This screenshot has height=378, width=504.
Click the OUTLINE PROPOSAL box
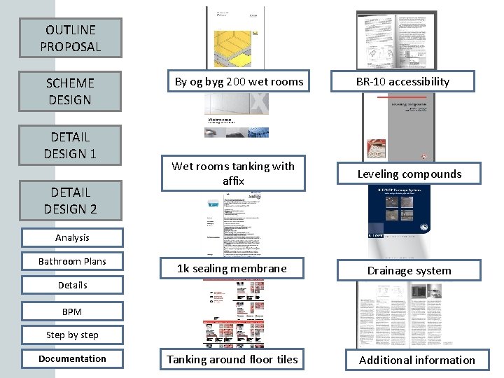pos(70,38)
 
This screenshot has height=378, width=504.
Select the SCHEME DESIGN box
pos(70,91)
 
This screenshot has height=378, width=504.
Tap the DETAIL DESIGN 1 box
pos(70,144)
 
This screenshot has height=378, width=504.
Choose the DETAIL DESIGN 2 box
pos(70,199)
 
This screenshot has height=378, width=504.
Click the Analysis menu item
pos(73,237)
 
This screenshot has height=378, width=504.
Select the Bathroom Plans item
pos(73,261)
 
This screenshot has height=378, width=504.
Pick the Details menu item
pos(73,285)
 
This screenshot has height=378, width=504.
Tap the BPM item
pos(73,311)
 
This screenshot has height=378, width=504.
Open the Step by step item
pos(73,335)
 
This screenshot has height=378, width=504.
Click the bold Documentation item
pos(73,358)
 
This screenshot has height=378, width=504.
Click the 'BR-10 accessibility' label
pos(402,81)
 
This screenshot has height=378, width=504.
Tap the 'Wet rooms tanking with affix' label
pos(233,173)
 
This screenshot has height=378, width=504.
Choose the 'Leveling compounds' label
pos(409,174)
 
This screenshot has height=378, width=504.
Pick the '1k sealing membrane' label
pos(232,268)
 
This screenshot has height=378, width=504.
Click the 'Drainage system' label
pos(409,270)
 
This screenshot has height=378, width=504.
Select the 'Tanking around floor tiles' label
pos(232,359)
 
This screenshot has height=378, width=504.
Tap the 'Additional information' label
pos(416,360)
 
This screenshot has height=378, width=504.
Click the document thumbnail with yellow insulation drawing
pos(235,38)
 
